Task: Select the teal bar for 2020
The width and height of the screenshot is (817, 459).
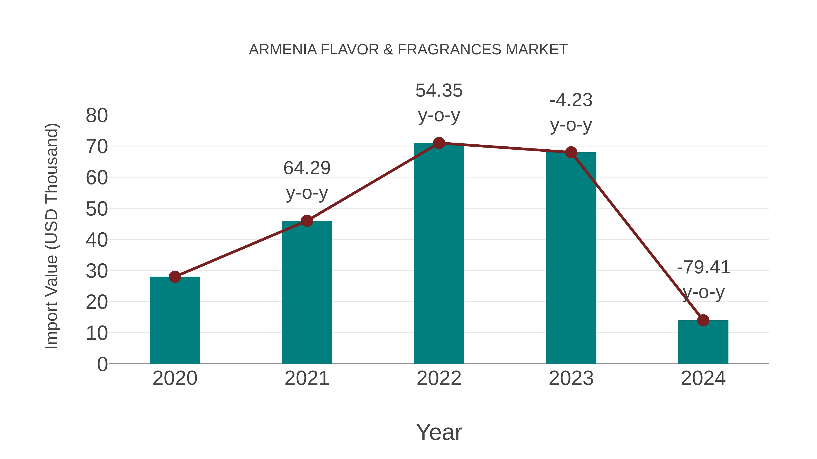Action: [x=175, y=320]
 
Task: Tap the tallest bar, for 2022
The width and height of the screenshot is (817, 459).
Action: [x=439, y=253]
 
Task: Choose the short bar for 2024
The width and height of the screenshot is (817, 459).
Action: [x=703, y=342]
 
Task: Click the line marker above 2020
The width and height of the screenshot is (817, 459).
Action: [x=175, y=277]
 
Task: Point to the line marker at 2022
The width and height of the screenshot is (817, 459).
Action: [x=439, y=143]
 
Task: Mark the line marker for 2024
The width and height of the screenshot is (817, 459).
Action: [x=703, y=320]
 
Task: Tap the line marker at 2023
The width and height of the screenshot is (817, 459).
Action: [x=571, y=152]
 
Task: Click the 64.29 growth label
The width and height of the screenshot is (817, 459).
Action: [x=307, y=168]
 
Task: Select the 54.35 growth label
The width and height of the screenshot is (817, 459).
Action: [x=439, y=91]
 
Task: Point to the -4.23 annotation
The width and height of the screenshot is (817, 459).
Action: [x=571, y=100]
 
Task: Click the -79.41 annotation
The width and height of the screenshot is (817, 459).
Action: [x=703, y=267]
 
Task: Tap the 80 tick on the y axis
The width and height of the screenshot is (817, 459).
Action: [x=97, y=116]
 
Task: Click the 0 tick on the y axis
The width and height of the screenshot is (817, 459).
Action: [x=102, y=364]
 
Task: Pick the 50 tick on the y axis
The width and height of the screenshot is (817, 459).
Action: [x=97, y=209]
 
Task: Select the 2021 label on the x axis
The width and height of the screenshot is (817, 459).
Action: [x=307, y=378]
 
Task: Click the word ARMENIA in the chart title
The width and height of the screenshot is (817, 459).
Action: [x=283, y=50]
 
